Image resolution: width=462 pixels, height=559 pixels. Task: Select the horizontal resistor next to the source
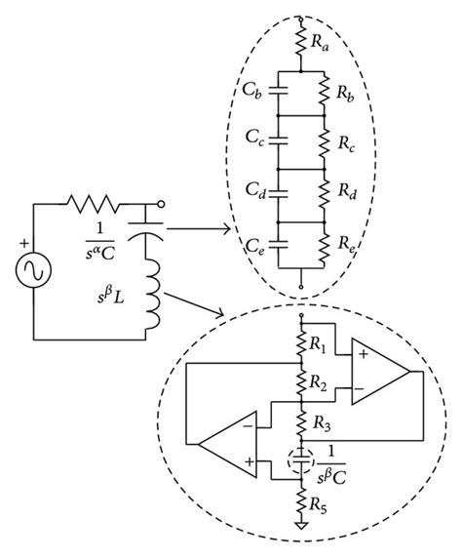click(94, 206)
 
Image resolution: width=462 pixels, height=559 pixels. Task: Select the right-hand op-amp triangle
click(381, 373)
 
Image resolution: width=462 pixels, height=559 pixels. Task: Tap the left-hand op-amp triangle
click(227, 448)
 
